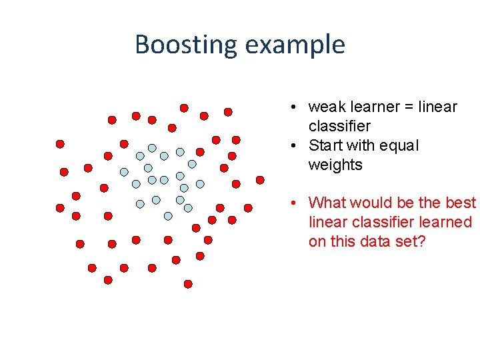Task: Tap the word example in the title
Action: pos(295,45)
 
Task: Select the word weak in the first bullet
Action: pos(325,107)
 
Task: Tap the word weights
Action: pos(335,165)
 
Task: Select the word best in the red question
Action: pos(461,203)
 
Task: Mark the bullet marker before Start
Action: pos(293,145)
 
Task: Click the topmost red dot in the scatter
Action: pos(184,107)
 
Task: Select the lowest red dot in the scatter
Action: pos(188,284)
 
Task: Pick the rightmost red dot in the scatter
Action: pos(260,180)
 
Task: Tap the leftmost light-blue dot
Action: pos(124,171)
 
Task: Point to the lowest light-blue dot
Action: pos(168,215)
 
